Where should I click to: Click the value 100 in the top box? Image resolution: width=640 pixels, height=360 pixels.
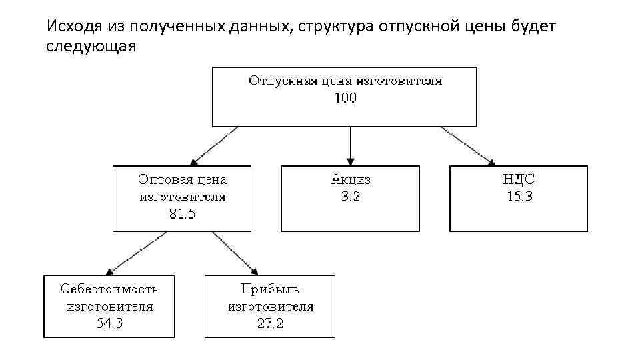[345, 98]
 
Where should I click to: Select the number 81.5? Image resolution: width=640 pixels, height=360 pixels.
[182, 214]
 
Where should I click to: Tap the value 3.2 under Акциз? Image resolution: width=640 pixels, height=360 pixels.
[351, 197]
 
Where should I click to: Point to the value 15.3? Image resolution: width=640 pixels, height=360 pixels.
[519, 197]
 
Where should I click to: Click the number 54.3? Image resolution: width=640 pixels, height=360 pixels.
[109, 323]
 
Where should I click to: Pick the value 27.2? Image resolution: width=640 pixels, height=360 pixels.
[270, 323]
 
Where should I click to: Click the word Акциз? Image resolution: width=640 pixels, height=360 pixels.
[351, 180]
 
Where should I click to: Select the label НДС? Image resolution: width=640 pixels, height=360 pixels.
[519, 180]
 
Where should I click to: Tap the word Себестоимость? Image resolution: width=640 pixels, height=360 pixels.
[109, 289]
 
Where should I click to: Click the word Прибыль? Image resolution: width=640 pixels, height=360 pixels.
[270, 289]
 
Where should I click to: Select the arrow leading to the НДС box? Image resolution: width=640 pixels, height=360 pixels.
[469, 146]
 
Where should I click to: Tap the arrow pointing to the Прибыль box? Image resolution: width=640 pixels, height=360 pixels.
[235, 253]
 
